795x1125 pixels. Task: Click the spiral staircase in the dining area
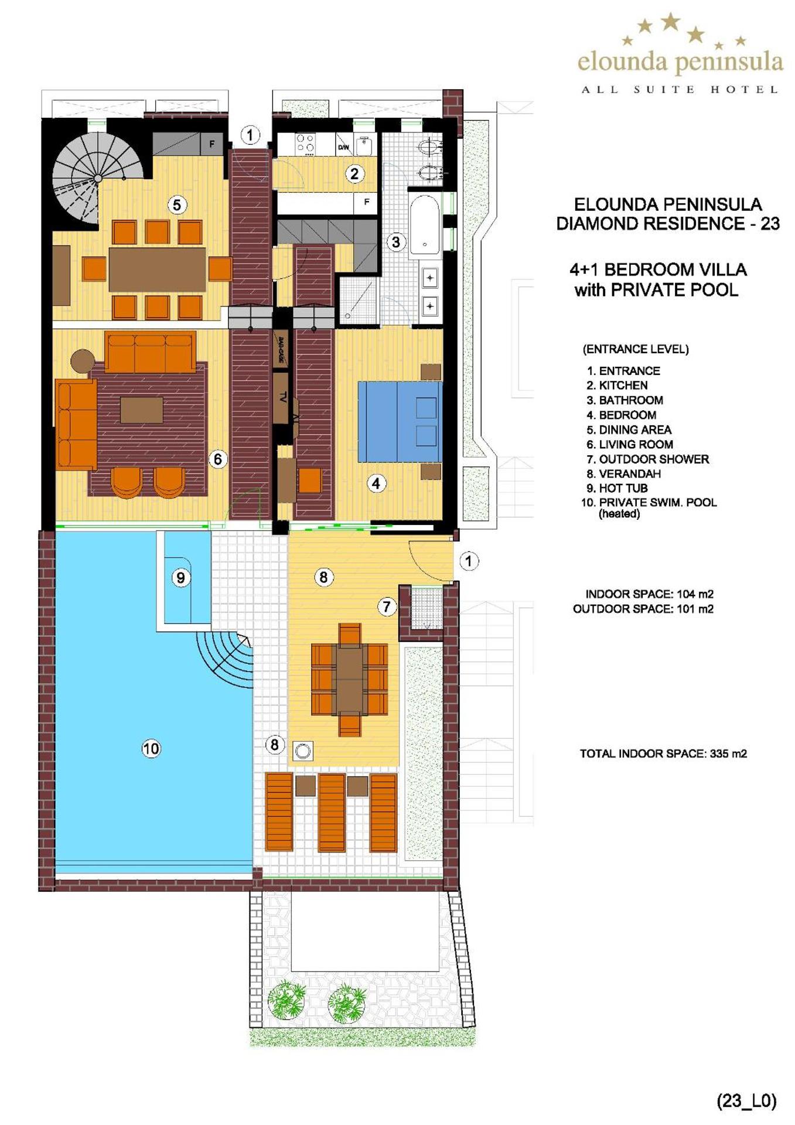97,176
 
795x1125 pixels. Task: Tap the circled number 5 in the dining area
177,204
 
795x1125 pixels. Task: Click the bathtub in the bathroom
424,225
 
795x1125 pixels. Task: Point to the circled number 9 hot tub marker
180,578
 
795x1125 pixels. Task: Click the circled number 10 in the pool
151,748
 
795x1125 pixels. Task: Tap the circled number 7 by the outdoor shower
386,606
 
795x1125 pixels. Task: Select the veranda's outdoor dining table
349,679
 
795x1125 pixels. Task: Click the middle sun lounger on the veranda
331,813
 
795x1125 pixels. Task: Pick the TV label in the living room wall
282,397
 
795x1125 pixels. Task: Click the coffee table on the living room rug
141,410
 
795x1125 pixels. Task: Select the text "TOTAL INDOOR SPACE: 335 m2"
663,754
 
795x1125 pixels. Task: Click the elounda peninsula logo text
680,62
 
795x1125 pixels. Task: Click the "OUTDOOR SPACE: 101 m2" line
643,609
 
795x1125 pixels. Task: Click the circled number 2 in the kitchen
354,173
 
